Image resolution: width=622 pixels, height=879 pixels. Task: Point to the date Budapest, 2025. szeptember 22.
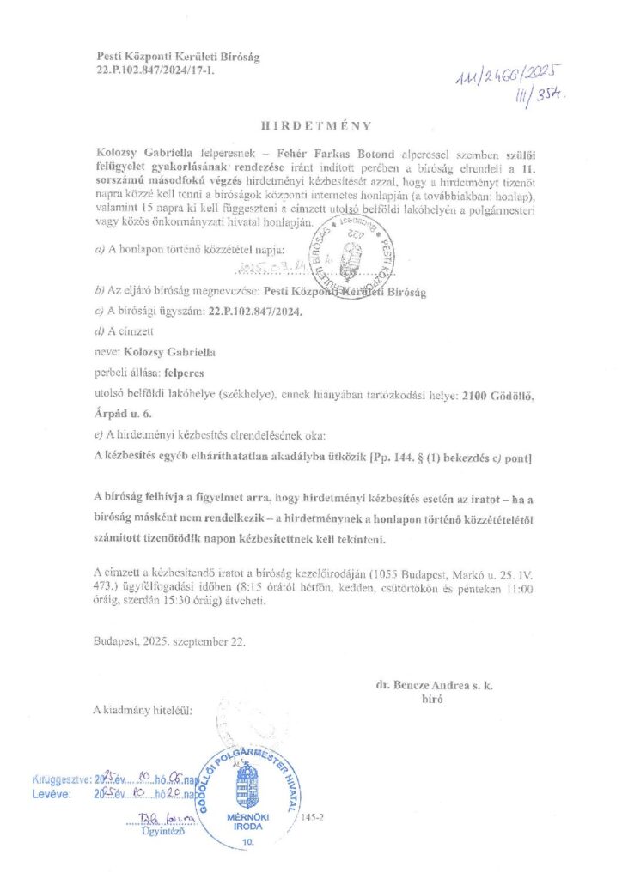(x=172, y=640)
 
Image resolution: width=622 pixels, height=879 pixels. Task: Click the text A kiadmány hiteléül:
(x=143, y=711)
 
